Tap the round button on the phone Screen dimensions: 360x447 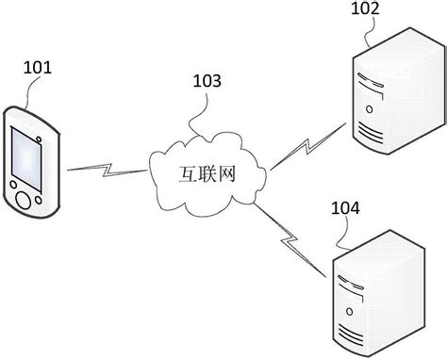[x=21, y=200]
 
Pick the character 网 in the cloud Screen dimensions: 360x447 [x=223, y=174]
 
